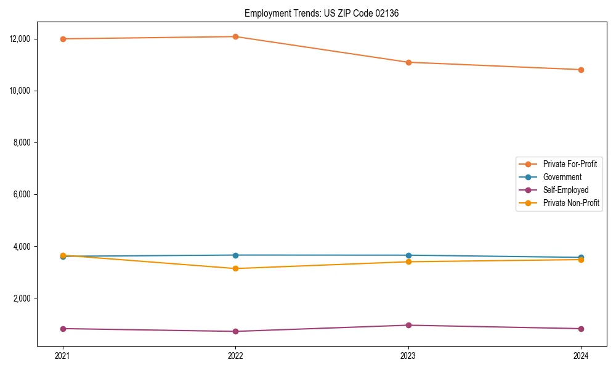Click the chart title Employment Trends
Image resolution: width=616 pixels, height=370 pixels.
[x=322, y=13]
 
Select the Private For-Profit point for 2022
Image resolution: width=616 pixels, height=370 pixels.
[x=235, y=36]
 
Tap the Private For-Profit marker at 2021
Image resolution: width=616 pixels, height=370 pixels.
[x=63, y=39]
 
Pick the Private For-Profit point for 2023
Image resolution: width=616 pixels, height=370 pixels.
[x=408, y=62]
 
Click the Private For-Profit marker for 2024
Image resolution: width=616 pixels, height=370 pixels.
[x=581, y=70]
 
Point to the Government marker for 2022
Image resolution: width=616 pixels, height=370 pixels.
[x=235, y=255]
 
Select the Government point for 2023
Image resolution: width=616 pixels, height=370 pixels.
[x=408, y=255]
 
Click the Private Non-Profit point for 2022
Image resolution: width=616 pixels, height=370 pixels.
[x=235, y=268]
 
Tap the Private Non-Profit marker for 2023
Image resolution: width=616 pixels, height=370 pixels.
[x=408, y=261]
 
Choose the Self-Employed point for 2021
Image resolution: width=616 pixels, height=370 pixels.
[x=63, y=329]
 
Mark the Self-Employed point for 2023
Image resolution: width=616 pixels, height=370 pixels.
[x=408, y=325]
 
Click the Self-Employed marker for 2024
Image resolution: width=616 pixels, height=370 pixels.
[x=581, y=329]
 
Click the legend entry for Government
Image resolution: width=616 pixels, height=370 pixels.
[x=562, y=177]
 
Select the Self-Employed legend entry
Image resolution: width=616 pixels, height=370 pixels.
[x=565, y=190]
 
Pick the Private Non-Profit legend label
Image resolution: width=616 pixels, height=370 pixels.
[x=571, y=203]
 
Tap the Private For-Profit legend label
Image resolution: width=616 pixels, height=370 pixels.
[x=570, y=164]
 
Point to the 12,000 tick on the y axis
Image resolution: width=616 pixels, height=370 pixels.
[x=20, y=39]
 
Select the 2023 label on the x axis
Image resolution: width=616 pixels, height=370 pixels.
[x=408, y=356]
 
